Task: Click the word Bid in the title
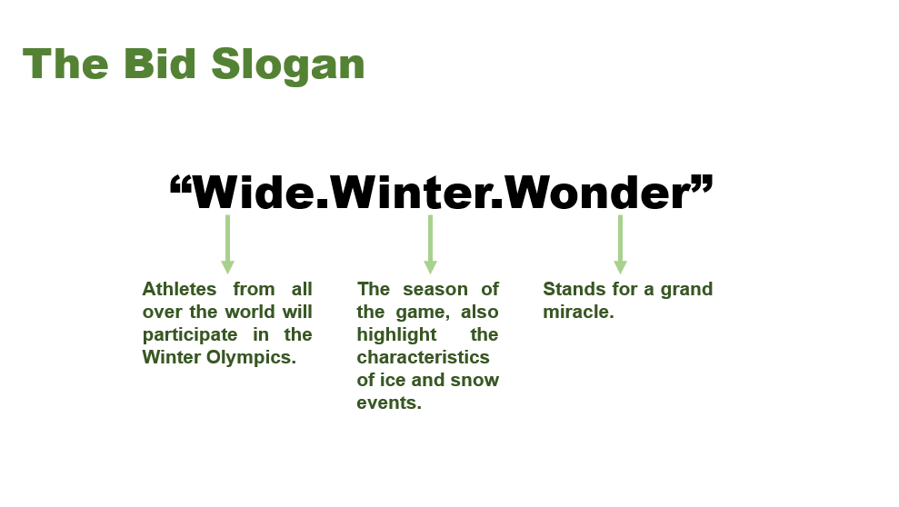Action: tap(159, 63)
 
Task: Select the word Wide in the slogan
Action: tap(253, 192)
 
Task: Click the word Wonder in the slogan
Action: tap(597, 192)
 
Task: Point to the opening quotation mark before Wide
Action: tap(181, 185)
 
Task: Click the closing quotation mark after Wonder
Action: tap(703, 185)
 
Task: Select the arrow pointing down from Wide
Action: tap(227, 244)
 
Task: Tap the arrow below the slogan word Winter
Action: tap(430, 244)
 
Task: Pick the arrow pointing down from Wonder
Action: tap(620, 244)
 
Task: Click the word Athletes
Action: tap(179, 289)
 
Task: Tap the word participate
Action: tap(190, 335)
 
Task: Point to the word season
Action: tap(435, 289)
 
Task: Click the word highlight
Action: tap(396, 335)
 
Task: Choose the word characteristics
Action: tap(423, 357)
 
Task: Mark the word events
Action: tap(389, 403)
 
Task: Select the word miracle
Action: tap(578, 312)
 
